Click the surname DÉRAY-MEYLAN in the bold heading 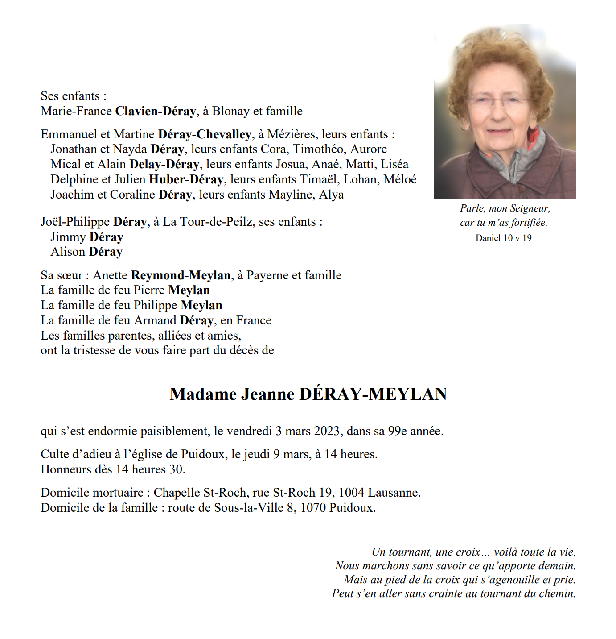[x=373, y=394]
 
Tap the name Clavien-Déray [x=155, y=111]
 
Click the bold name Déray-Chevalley [x=205, y=134]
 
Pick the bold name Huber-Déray [x=186, y=179]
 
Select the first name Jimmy [x=68, y=237]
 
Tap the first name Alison [x=68, y=252]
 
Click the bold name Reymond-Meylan [x=181, y=275]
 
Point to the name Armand [x=155, y=320]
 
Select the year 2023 [x=327, y=431]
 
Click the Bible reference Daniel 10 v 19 [x=503, y=238]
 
